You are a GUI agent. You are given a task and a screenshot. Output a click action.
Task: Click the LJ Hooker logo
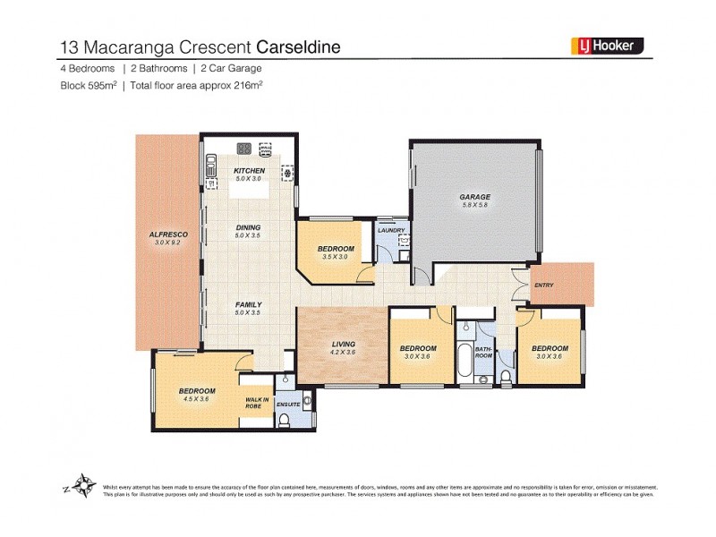[607, 46]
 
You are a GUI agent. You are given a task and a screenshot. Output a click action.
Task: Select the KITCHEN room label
[248, 171]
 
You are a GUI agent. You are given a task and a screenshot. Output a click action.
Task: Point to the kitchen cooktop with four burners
[243, 149]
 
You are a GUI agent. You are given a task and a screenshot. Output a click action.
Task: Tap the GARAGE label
[475, 197]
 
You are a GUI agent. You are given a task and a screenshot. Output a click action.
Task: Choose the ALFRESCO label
[167, 234]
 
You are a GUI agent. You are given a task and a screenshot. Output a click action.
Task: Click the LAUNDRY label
[392, 230]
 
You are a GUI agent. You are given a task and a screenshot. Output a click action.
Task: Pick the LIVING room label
[344, 345]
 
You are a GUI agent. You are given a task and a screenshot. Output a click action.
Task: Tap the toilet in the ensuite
[308, 399]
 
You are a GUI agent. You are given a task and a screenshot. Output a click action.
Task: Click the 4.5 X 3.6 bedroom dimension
[196, 399]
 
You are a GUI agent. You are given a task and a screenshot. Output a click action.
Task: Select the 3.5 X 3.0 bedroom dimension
[337, 257]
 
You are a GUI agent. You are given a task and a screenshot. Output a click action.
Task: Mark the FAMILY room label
[248, 305]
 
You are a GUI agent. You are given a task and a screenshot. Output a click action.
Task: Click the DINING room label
[248, 228]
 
